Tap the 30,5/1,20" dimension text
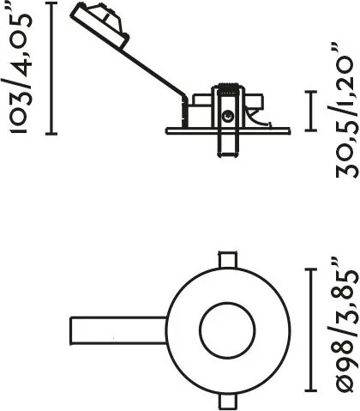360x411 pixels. (x=347, y=111)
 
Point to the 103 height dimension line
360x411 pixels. (x=51, y=68)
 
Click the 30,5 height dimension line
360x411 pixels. (x=311, y=111)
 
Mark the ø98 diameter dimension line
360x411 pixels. (x=311, y=329)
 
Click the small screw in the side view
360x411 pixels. (x=227, y=116)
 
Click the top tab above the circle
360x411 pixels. (x=228, y=259)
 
